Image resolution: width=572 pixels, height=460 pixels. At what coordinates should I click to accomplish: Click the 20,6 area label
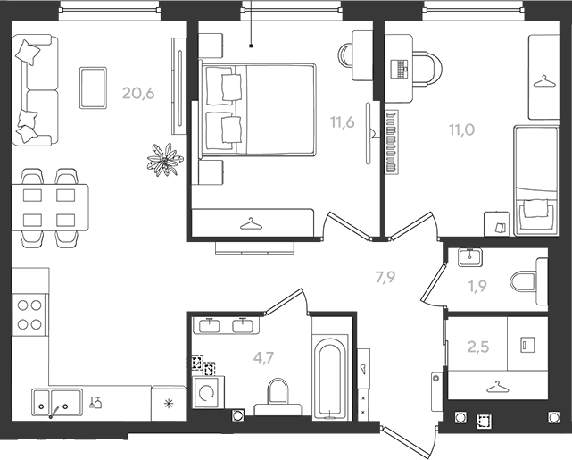point(138,94)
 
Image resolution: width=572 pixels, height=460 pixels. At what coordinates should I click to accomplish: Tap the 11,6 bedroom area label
point(342,122)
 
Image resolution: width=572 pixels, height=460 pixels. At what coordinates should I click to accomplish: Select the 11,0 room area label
point(462,130)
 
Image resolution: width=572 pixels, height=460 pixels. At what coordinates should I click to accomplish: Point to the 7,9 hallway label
point(385,278)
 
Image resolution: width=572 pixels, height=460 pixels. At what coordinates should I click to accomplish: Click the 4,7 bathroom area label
point(263,358)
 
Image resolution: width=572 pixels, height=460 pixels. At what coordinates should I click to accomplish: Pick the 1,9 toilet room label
point(477,287)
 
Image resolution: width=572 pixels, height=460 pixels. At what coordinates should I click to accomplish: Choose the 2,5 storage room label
point(478,347)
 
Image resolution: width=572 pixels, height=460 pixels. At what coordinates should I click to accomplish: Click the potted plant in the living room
point(165,160)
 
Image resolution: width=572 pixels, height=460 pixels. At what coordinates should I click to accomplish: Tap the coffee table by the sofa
point(93,88)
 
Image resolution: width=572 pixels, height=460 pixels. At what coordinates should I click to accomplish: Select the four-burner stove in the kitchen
point(29,314)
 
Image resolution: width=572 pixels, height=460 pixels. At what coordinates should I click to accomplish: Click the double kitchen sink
point(57,402)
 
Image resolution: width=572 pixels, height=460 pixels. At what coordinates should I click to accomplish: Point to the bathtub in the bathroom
point(330,378)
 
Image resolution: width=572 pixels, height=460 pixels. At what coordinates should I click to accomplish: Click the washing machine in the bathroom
point(207,393)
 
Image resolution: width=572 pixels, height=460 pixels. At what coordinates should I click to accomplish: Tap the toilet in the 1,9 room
point(528,282)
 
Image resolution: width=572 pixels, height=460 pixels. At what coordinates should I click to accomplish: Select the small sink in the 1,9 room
point(470,257)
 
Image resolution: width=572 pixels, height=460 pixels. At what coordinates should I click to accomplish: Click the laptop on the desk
point(399,69)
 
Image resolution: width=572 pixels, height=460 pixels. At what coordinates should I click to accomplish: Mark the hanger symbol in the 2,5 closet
point(496,388)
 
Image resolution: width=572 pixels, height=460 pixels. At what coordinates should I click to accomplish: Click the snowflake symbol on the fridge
point(168,404)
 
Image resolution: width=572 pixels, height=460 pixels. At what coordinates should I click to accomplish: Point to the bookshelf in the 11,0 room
point(392,142)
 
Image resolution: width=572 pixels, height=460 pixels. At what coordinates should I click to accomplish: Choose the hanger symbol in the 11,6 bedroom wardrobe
point(251,224)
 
